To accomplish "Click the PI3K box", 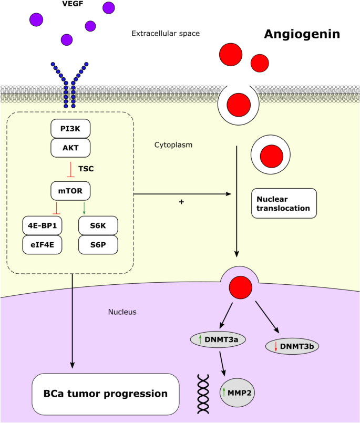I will coord(70,129).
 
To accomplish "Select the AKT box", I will coord(70,148).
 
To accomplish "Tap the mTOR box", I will coord(70,190).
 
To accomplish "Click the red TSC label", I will coord(87,170).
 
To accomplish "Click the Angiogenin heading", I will coord(302,35).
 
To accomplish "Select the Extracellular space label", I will coord(165,34).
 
